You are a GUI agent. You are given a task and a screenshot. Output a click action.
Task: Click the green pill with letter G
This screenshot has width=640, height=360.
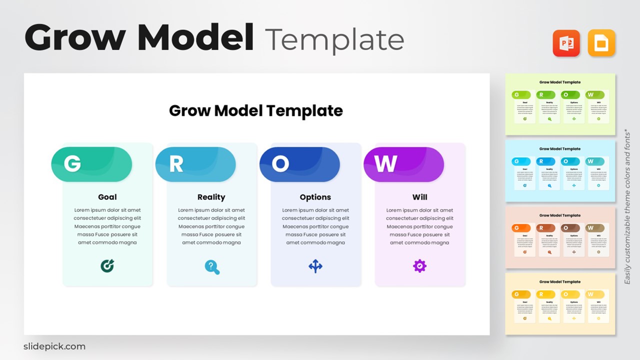tap(91, 164)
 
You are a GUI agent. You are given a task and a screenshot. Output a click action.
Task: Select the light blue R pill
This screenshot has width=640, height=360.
tap(195, 164)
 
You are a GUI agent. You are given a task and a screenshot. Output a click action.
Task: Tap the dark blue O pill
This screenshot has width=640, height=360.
tap(299, 164)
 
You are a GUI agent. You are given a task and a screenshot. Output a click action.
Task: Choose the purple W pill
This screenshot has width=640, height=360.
tap(403, 164)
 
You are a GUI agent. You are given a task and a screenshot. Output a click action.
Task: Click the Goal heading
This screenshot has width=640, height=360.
tap(107, 197)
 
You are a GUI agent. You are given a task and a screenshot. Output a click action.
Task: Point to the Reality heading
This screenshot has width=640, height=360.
tap(211, 197)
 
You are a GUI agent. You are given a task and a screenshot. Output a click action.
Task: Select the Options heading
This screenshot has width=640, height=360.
tap(315, 197)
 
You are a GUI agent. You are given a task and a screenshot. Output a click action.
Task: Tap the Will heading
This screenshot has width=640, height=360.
tap(419, 197)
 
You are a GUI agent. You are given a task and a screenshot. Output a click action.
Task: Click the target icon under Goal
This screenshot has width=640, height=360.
tap(107, 266)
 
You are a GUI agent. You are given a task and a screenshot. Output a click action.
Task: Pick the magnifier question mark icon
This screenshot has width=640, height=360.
tap(212, 267)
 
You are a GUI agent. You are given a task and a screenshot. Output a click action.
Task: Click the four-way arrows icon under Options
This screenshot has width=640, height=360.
tap(315, 266)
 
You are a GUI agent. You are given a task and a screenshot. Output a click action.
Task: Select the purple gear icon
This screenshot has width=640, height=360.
tap(419, 266)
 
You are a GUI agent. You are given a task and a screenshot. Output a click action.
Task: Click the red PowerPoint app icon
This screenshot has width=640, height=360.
tap(566, 43)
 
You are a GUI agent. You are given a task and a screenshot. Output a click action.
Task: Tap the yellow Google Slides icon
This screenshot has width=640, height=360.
tap(601, 43)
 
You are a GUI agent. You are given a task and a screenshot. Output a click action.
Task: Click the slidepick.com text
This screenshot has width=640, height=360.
tap(54, 346)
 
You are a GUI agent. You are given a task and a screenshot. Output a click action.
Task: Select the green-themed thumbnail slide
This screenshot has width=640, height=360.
tap(560, 104)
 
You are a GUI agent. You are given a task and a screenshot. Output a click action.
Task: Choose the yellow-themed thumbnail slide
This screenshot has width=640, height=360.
tap(560, 303)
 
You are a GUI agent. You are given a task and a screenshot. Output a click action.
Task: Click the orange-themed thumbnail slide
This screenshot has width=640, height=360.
tap(560, 237)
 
